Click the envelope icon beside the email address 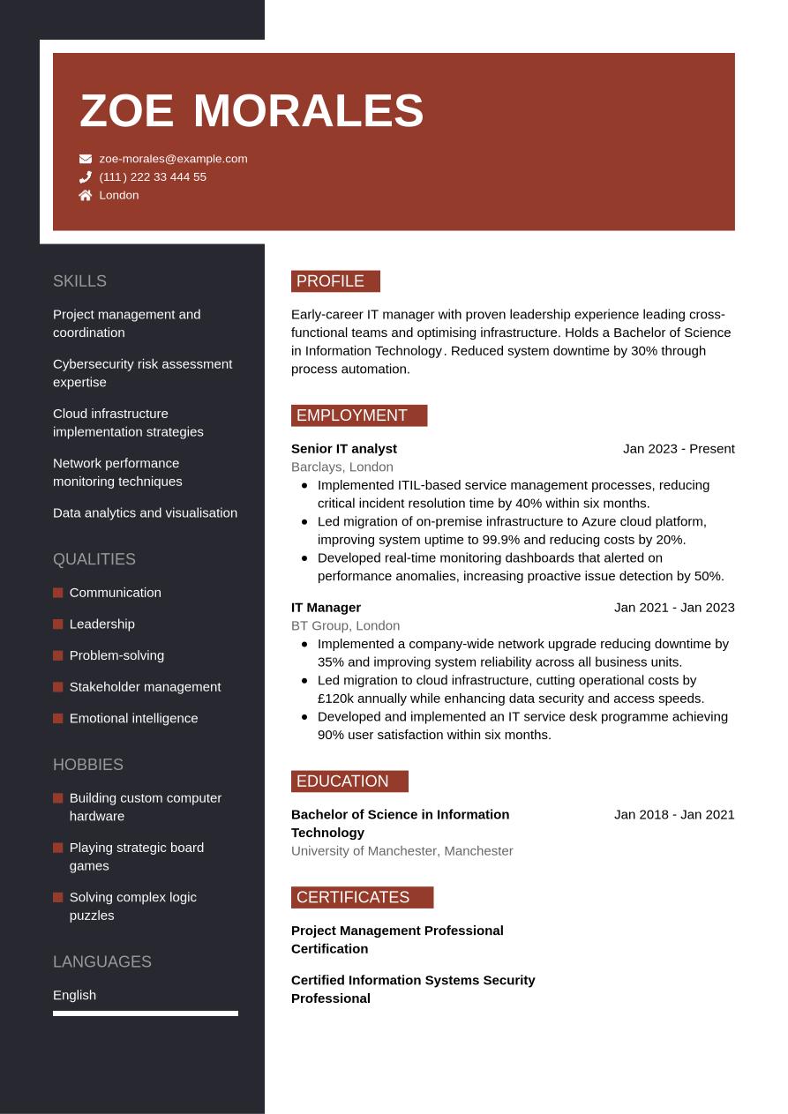(x=86, y=159)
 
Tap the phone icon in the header (x=86, y=177)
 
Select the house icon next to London (x=86, y=196)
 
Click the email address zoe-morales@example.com (x=173, y=159)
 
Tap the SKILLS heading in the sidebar (x=79, y=281)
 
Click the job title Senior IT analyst (x=344, y=449)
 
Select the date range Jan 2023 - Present (x=679, y=449)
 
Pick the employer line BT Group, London (x=345, y=625)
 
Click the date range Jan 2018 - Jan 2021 (x=674, y=814)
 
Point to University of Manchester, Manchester (x=402, y=851)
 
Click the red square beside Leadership (x=58, y=624)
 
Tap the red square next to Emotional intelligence (x=58, y=719)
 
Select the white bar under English (x=146, y=1013)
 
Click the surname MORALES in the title (x=308, y=111)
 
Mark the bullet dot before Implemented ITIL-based (x=304, y=485)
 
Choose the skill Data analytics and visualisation (x=145, y=513)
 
